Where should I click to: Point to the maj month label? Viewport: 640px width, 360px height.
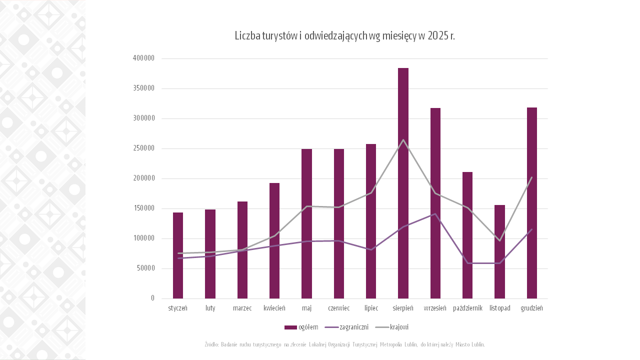pyautogui.click(x=306, y=308)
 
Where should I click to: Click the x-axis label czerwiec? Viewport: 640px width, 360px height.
pyautogui.click(x=338, y=308)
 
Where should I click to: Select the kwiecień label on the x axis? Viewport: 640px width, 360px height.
pyautogui.click(x=274, y=308)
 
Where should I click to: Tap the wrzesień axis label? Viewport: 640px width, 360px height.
pyautogui.click(x=435, y=308)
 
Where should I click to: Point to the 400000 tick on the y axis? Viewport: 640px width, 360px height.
pyautogui.click(x=143, y=58)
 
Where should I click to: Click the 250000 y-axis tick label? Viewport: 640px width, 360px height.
pyautogui.click(x=143, y=148)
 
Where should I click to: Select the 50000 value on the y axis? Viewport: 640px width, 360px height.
pyautogui.click(x=145, y=268)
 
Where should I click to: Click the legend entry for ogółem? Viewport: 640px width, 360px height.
pyautogui.click(x=301, y=327)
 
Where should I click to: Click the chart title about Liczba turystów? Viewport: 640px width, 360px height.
pyautogui.click(x=344, y=36)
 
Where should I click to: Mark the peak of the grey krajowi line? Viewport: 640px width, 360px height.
pyautogui.click(x=403, y=140)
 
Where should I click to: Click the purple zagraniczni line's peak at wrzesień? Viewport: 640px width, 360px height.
pyautogui.click(x=435, y=214)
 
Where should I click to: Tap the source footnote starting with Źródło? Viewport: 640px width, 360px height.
pyautogui.click(x=344, y=344)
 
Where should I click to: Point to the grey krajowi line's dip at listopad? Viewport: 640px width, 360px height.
pyautogui.click(x=499, y=240)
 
